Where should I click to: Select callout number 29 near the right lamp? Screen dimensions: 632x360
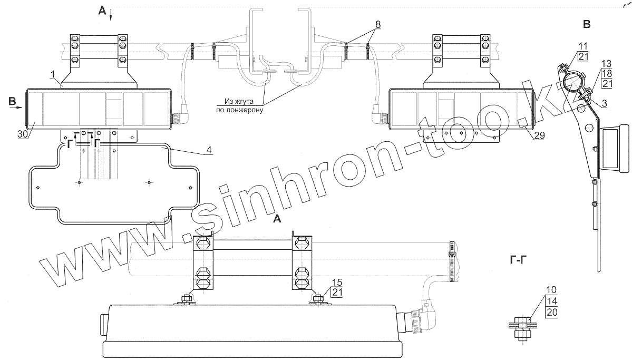pyautogui.click(x=539, y=135)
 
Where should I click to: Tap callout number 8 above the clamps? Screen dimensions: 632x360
pyautogui.click(x=377, y=24)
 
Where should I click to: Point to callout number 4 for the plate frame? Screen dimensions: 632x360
pyautogui.click(x=208, y=150)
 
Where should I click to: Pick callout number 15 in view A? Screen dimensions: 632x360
pyautogui.click(x=336, y=282)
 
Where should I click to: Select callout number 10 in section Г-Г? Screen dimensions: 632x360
pyautogui.click(x=551, y=290)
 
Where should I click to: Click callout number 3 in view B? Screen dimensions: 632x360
pyautogui.click(x=604, y=103)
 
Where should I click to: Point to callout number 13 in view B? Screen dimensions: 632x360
pyautogui.click(x=606, y=64)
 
